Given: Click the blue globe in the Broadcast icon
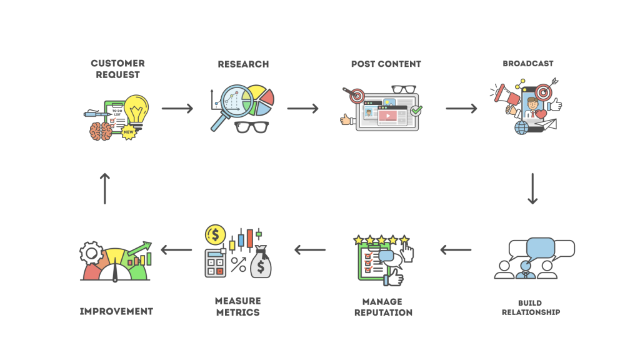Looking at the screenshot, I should pos(522,127).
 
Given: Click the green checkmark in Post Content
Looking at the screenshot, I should pos(416,111).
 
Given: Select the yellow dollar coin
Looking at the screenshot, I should pos(216,234).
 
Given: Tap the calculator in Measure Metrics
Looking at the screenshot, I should pos(216,262).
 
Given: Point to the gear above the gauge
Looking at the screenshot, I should pos(91,253).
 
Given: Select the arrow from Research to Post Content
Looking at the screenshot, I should pos(303,109).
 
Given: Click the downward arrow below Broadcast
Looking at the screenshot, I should pos(532,188).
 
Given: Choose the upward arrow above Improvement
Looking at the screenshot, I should pos(104,188).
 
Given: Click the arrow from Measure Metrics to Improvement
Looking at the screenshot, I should pos(176,250).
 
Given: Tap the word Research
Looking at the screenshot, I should pos(243,64).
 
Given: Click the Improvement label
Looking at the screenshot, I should pos(116,311).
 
